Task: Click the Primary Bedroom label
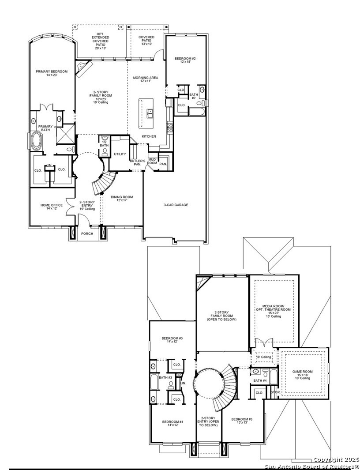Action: pyautogui.click(x=52, y=73)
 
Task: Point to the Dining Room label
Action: pyautogui.click(x=122, y=199)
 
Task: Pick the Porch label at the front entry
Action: pyautogui.click(x=87, y=233)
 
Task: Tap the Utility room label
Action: pyautogui.click(x=120, y=154)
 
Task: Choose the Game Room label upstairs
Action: pyautogui.click(x=303, y=374)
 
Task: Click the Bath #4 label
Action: pyautogui.click(x=260, y=380)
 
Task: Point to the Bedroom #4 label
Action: pyautogui.click(x=172, y=423)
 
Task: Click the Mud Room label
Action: pyautogui.click(x=153, y=161)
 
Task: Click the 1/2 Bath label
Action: pyautogui.click(x=104, y=143)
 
